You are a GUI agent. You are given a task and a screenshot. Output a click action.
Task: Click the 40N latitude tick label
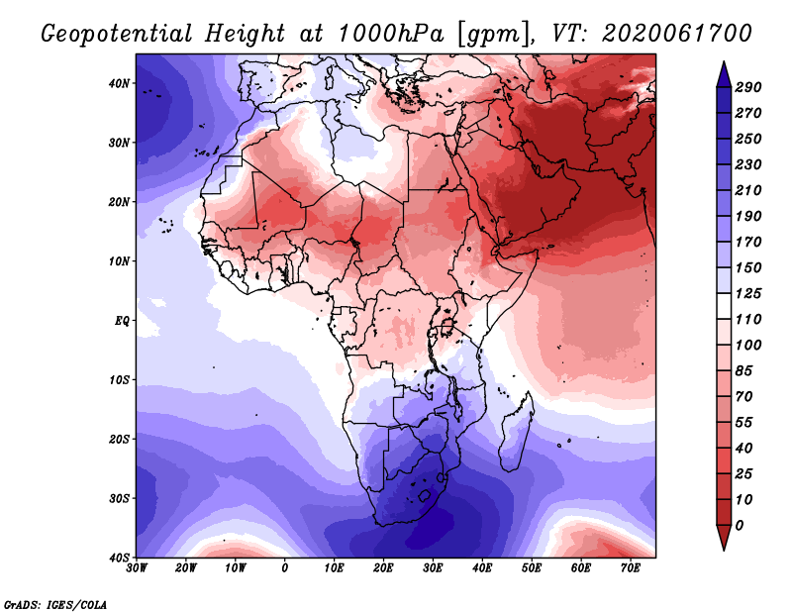(x=119, y=83)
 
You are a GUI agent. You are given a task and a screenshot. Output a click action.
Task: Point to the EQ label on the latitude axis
(x=122, y=321)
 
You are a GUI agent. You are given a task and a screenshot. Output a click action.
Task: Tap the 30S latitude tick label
(x=119, y=499)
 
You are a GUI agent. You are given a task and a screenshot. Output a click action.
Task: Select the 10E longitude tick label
(x=334, y=568)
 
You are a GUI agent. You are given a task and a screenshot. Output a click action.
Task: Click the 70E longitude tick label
(x=630, y=568)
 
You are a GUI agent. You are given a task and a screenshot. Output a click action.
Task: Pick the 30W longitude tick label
(x=137, y=568)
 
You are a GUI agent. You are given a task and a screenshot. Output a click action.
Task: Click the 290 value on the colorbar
(x=748, y=87)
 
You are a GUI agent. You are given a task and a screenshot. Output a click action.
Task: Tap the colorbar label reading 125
(x=748, y=293)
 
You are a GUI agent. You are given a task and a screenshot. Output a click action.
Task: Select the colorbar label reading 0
(x=740, y=526)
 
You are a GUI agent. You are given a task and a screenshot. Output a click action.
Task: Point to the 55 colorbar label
(x=744, y=423)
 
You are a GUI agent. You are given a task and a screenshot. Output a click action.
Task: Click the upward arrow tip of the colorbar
(x=724, y=62)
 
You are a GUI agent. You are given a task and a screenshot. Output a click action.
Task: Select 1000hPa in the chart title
(x=390, y=34)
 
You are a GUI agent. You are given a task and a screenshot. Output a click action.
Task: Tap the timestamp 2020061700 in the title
(x=677, y=34)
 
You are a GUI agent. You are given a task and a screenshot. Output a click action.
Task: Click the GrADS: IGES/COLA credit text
(x=55, y=605)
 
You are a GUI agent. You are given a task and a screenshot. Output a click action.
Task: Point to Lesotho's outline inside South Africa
(x=425, y=495)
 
